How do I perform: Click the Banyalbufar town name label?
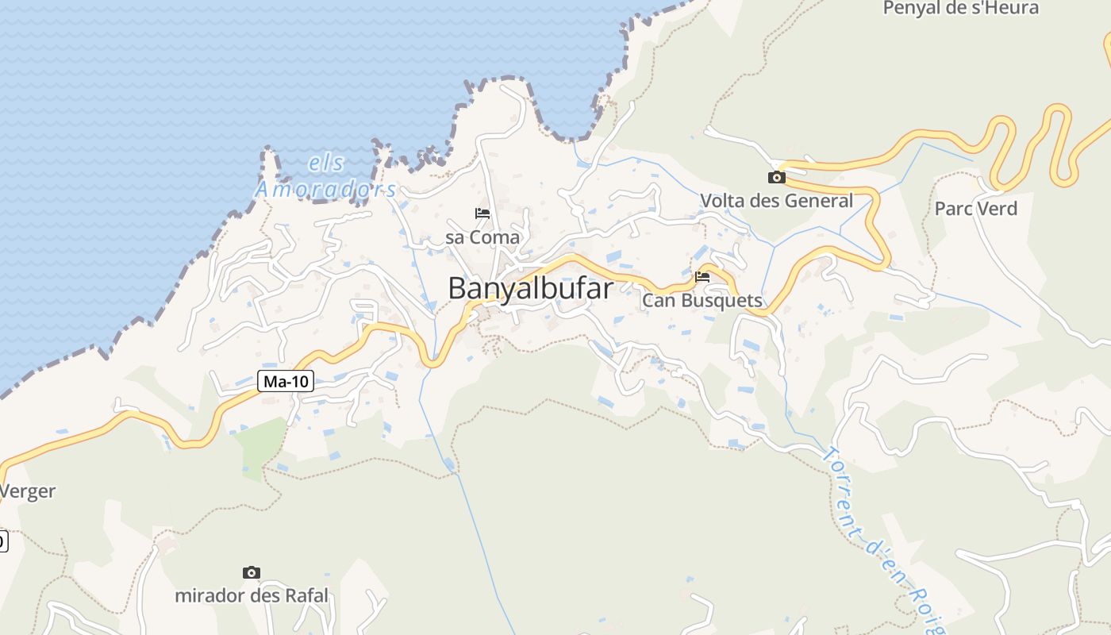click(530, 288)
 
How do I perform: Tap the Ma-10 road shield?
click(286, 382)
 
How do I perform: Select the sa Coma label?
click(482, 237)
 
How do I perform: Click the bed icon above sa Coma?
click(482, 214)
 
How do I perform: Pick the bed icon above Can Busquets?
click(702, 277)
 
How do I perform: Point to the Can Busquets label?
click(702, 301)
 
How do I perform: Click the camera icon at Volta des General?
click(776, 177)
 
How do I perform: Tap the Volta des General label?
click(776, 201)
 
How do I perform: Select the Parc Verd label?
click(975, 209)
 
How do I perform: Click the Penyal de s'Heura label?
click(960, 9)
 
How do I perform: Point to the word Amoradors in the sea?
click(325, 189)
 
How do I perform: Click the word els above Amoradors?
click(326, 164)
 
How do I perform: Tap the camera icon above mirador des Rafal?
click(252, 572)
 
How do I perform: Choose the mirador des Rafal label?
click(251, 595)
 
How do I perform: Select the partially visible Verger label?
click(29, 491)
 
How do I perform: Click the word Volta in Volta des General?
click(723, 201)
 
